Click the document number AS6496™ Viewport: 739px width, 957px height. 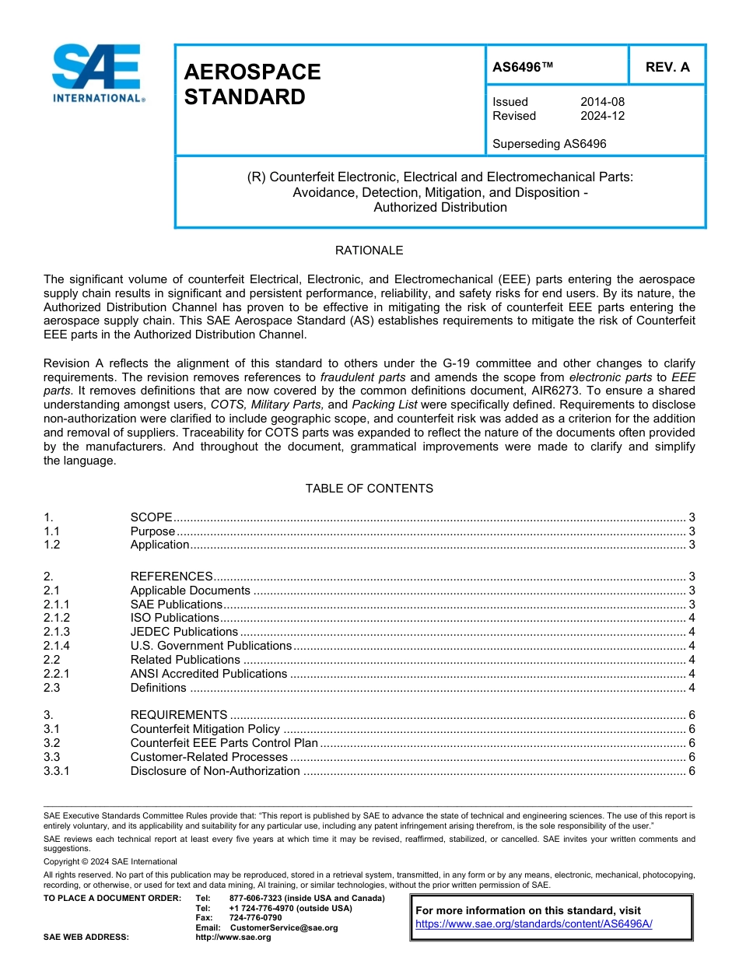pyautogui.click(x=523, y=67)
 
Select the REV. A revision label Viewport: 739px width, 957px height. pyautogui.click(x=667, y=67)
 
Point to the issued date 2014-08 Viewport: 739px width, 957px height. pyautogui.click(x=602, y=102)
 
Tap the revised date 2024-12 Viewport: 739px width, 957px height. pyautogui.click(x=602, y=116)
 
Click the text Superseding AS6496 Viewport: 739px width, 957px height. pyautogui.click(x=549, y=144)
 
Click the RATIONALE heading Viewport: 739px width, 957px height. pyautogui.click(x=369, y=251)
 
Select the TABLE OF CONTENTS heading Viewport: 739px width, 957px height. pyautogui.click(x=369, y=489)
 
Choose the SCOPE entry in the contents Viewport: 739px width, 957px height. pyautogui.click(x=151, y=517)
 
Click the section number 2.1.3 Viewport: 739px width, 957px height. pyautogui.click(x=57, y=632)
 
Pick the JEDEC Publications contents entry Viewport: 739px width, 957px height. pyautogui.click(x=184, y=632)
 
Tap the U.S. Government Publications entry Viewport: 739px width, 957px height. pyautogui.click(x=210, y=646)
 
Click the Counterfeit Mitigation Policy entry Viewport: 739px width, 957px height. pyautogui.click(x=205, y=729)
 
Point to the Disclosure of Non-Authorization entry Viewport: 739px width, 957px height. pyautogui.click(x=215, y=771)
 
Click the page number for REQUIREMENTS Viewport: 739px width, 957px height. pyautogui.click(x=692, y=715)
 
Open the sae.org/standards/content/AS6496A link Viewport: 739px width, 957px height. pyautogui.click(x=534, y=924)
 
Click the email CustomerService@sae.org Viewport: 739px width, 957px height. pyautogui.click(x=284, y=927)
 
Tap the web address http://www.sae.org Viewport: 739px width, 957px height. pyautogui.click(x=233, y=938)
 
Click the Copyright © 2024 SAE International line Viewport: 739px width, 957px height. pyautogui.click(x=110, y=861)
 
